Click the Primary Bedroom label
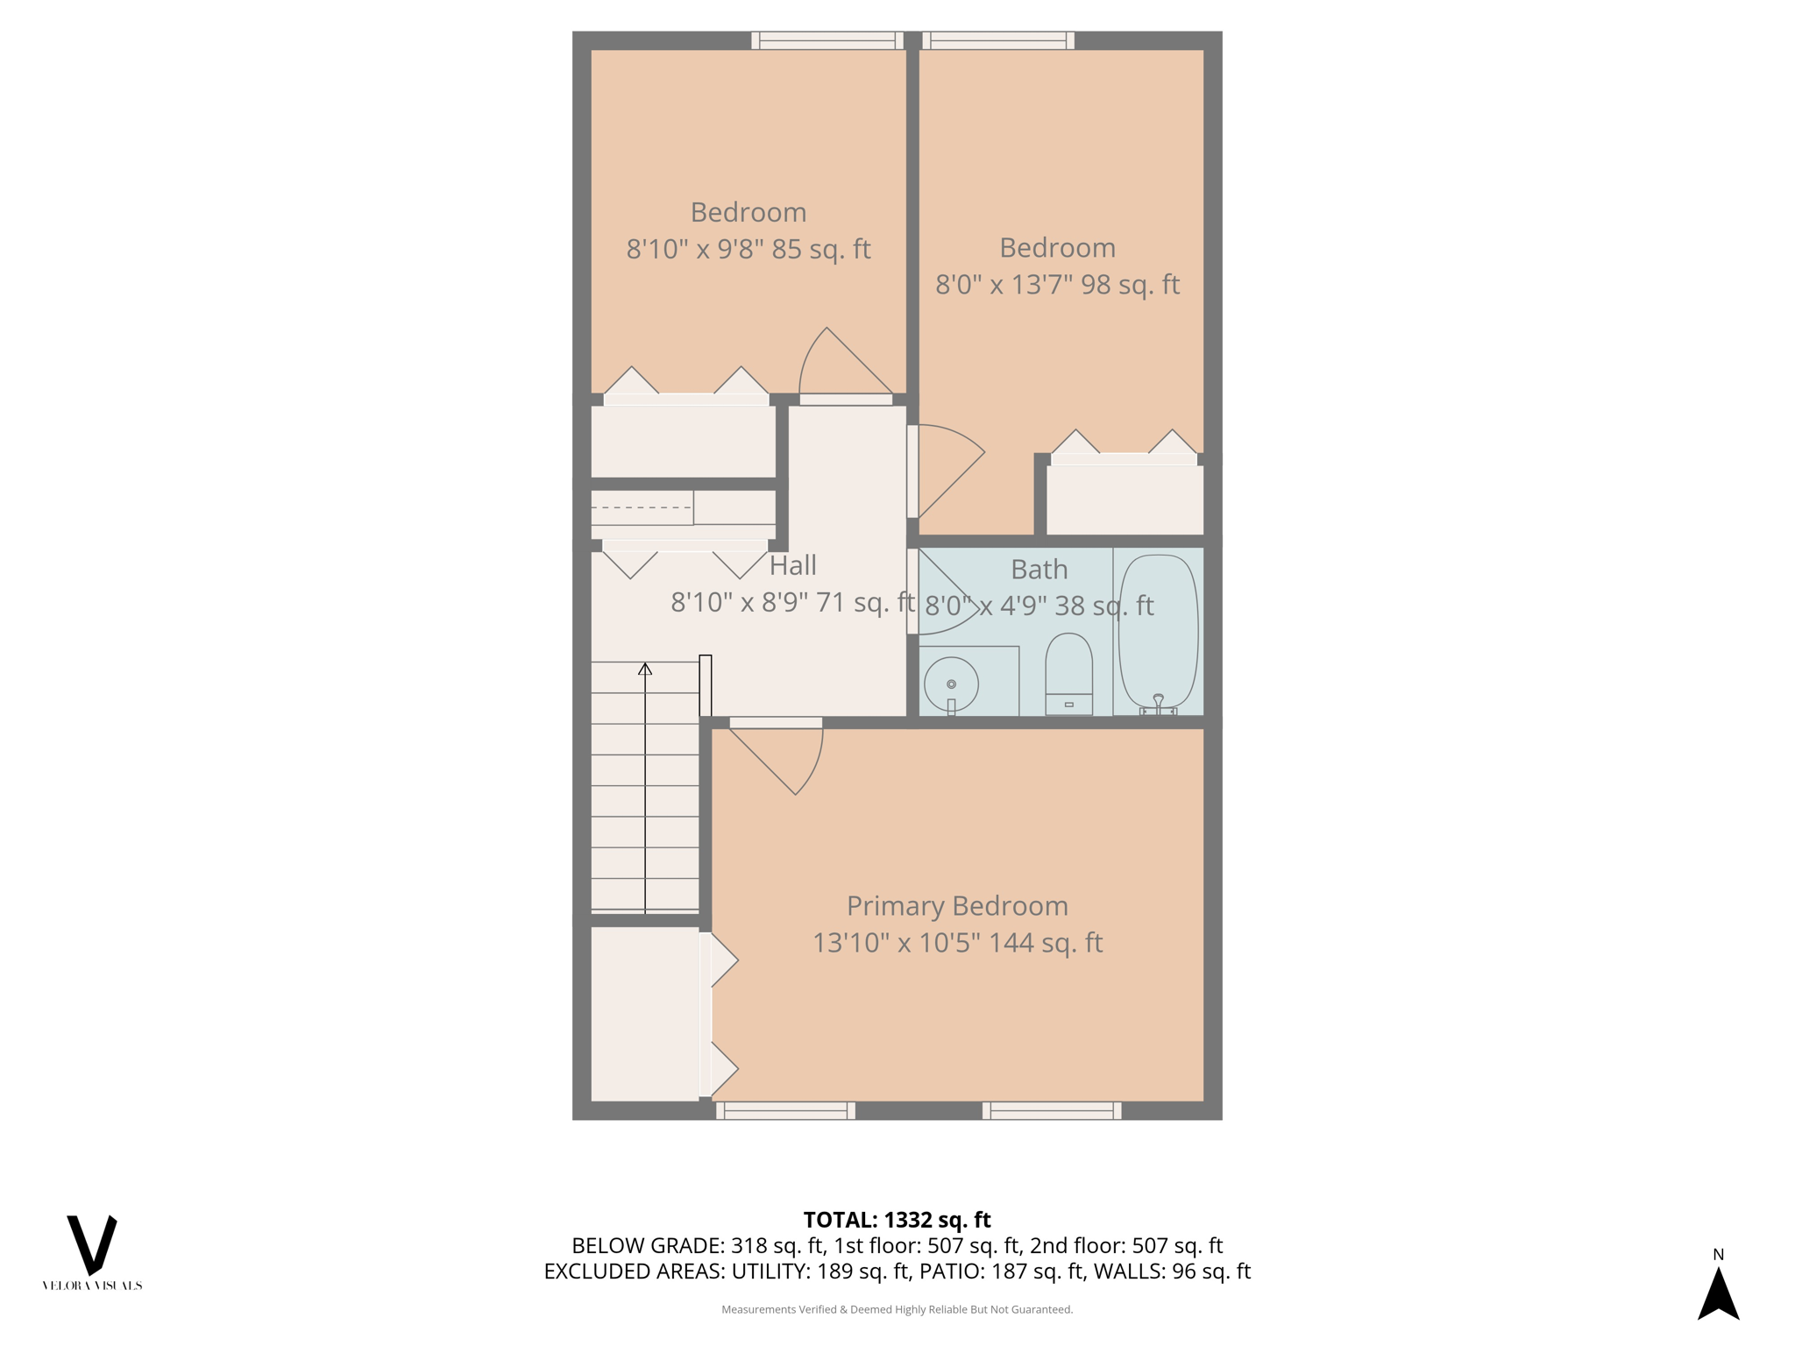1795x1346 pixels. pyautogui.click(x=957, y=905)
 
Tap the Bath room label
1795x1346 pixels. pyautogui.click(x=1039, y=570)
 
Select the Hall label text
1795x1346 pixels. pyautogui.click(x=792, y=566)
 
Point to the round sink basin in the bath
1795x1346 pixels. pyautogui.click(x=951, y=684)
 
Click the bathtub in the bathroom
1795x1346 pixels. pyautogui.click(x=1158, y=631)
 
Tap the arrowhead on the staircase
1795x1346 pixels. pyautogui.click(x=645, y=669)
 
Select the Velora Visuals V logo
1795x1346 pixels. pyautogui.click(x=92, y=1244)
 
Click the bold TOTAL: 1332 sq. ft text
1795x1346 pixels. pyautogui.click(x=897, y=1220)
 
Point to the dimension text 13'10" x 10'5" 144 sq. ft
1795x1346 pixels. pyautogui.click(x=957, y=943)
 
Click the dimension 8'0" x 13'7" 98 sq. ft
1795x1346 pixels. pyautogui.click(x=1057, y=285)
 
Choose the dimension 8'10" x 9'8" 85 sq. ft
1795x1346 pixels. pyautogui.click(x=748, y=250)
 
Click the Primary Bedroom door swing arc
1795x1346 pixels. pyautogui.click(x=793, y=758)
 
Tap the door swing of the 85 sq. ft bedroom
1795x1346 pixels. pyautogui.click(x=837, y=364)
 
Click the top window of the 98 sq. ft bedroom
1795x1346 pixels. pyautogui.click(x=998, y=40)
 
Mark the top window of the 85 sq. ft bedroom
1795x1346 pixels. pyautogui.click(x=827, y=40)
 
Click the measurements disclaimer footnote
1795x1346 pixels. pyautogui.click(x=897, y=1309)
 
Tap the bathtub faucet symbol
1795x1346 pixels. pyautogui.click(x=1158, y=702)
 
